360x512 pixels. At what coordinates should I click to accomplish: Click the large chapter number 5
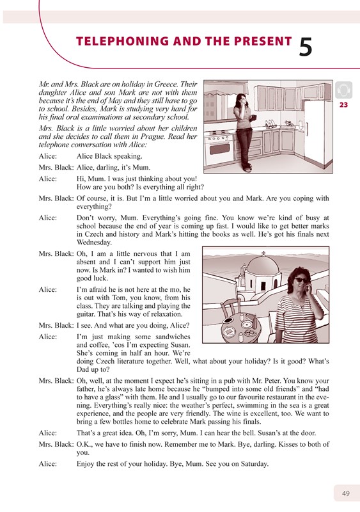(x=306, y=46)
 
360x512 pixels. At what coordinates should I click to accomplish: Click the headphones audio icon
(x=343, y=90)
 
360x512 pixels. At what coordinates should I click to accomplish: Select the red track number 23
(x=343, y=105)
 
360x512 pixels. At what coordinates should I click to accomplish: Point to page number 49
(x=346, y=493)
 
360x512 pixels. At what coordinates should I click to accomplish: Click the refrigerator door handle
(x=306, y=130)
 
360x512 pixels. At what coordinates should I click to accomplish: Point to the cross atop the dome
(x=263, y=253)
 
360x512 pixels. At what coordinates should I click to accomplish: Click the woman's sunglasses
(x=301, y=280)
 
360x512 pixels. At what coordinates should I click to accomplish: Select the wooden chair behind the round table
(x=230, y=308)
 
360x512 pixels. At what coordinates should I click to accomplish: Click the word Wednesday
(x=95, y=243)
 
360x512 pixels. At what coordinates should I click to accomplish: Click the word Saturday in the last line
(x=254, y=463)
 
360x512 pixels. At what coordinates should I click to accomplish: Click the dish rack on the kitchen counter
(x=270, y=124)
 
